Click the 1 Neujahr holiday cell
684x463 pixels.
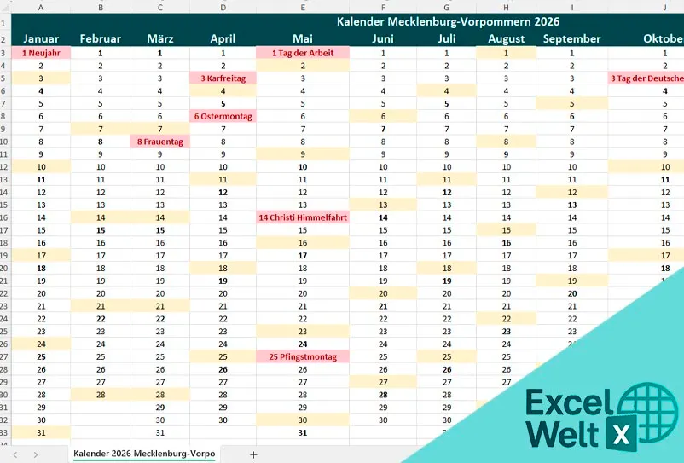tap(41, 53)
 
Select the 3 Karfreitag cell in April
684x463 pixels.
tap(223, 78)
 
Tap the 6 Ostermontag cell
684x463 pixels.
tap(223, 116)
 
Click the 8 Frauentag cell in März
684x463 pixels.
tap(160, 142)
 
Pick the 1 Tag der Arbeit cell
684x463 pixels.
tap(302, 53)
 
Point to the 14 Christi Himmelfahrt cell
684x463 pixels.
tap(302, 217)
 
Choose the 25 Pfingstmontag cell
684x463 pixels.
tap(302, 356)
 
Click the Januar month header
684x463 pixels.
tap(41, 38)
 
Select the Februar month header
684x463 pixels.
tap(101, 38)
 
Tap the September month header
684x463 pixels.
tap(571, 38)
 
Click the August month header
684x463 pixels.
tap(507, 38)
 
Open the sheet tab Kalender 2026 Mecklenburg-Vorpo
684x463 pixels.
tap(143, 454)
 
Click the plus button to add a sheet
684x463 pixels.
tap(253, 454)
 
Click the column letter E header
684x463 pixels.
tap(302, 7)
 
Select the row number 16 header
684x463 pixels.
tap(4, 217)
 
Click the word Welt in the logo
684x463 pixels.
tap(564, 433)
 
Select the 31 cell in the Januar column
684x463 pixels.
tap(41, 433)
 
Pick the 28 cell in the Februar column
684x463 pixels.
tap(101, 395)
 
